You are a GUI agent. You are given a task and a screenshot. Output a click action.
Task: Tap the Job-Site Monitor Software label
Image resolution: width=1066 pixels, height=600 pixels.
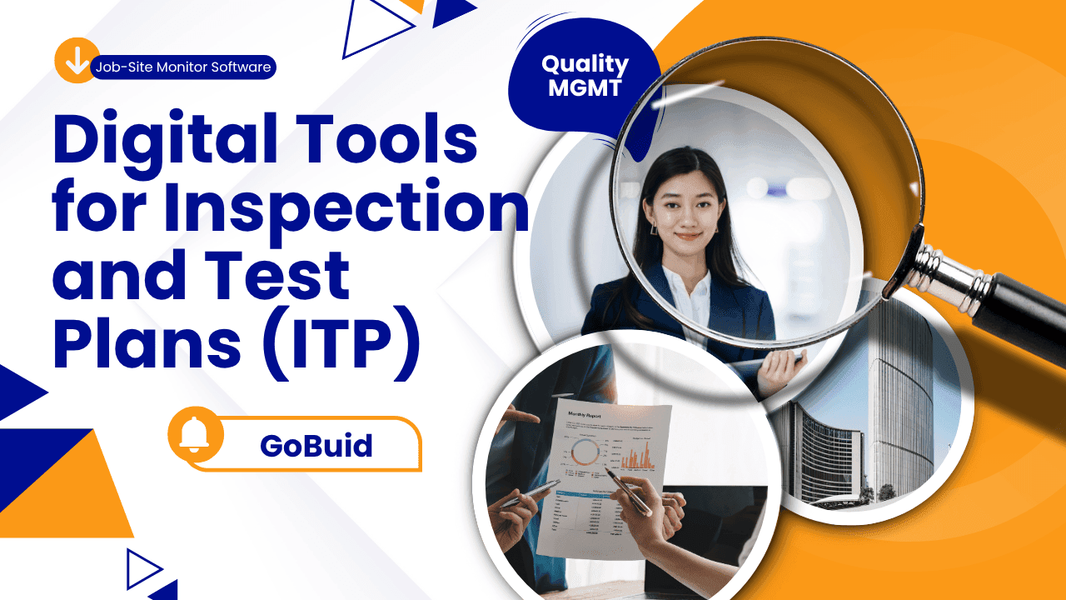click(x=183, y=67)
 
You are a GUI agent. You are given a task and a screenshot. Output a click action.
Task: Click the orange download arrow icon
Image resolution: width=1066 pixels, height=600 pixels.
click(x=77, y=61)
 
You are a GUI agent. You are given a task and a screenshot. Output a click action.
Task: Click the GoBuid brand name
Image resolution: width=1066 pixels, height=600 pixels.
click(x=316, y=446)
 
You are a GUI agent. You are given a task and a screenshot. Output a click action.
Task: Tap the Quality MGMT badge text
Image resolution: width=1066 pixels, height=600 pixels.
click(x=585, y=76)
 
